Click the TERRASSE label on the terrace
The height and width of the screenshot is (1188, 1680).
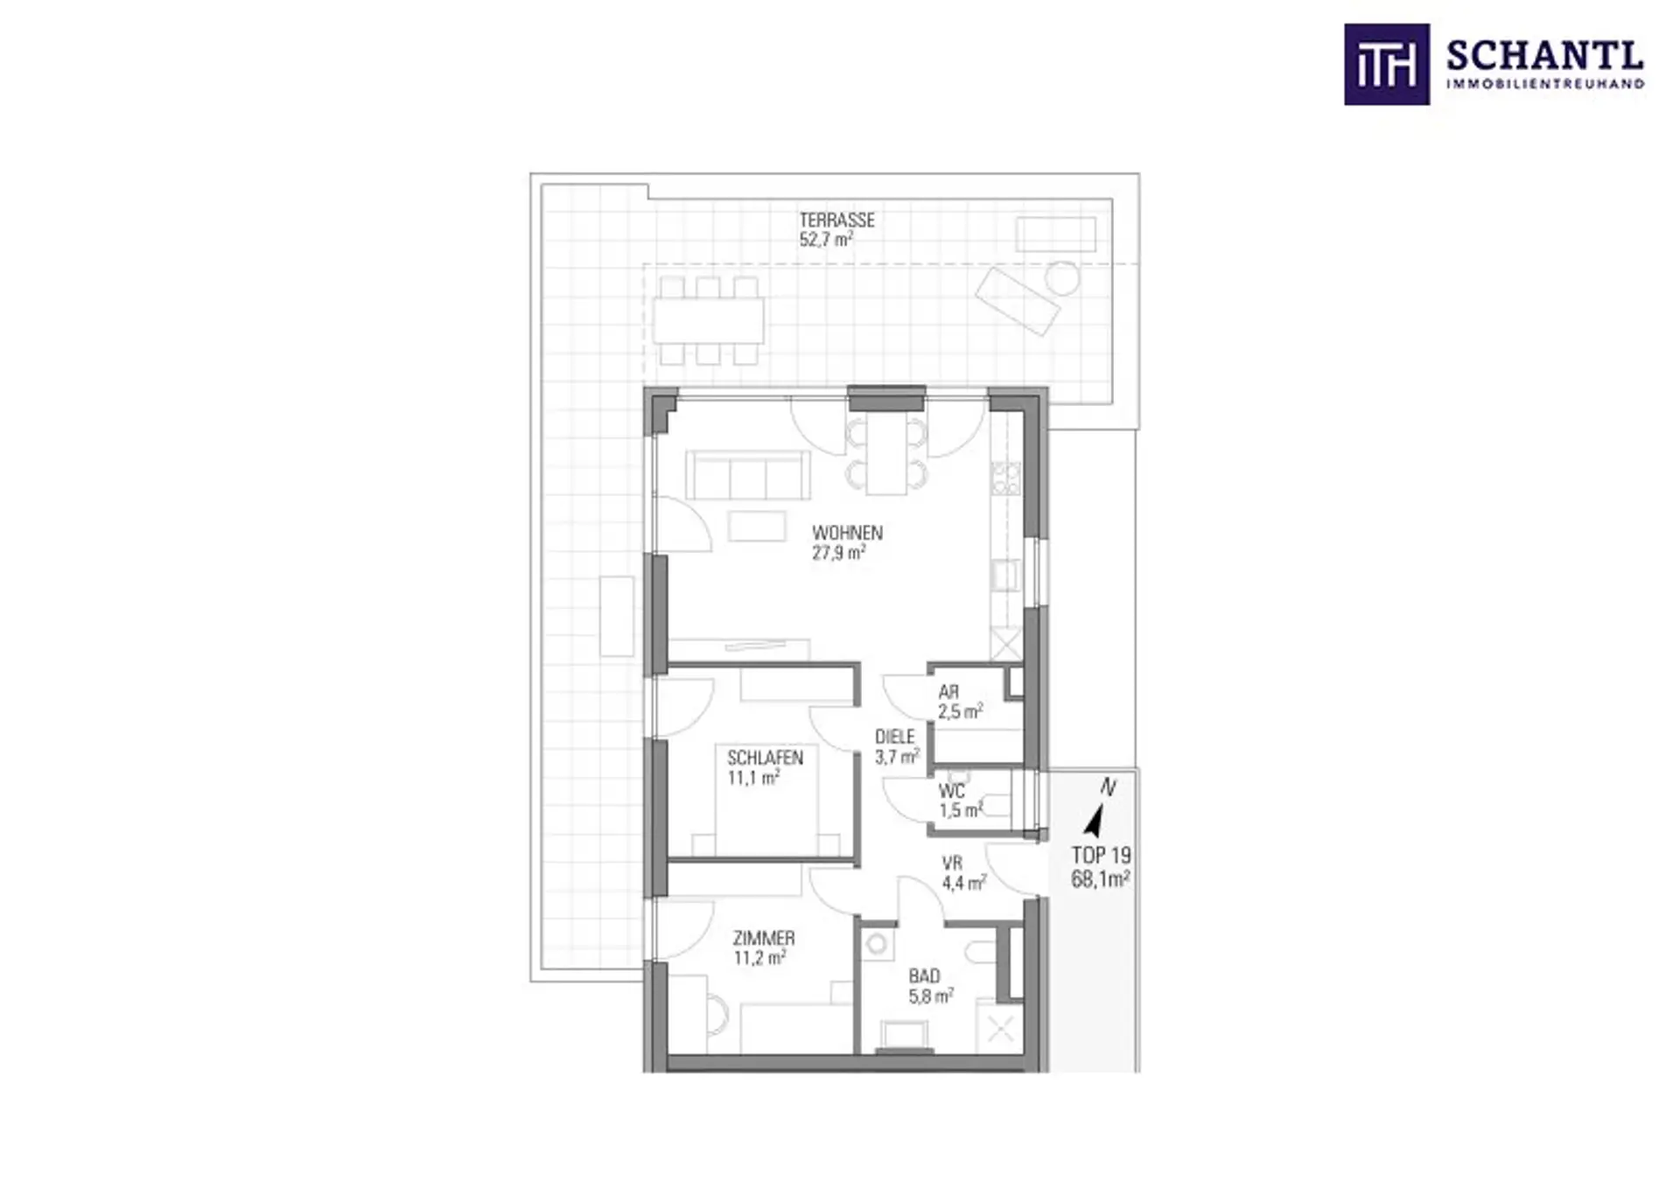tap(836, 220)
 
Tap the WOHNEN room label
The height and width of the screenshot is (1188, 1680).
tap(847, 533)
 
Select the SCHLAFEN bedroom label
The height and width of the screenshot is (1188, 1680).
tap(765, 758)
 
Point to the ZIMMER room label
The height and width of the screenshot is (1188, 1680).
tap(764, 939)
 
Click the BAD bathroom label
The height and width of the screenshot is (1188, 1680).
tap(924, 976)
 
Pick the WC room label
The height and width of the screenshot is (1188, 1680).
tap(952, 792)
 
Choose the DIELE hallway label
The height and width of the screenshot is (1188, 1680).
tap(895, 737)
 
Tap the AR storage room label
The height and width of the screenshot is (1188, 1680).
tap(948, 692)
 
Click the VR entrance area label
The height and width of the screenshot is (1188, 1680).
tap(952, 863)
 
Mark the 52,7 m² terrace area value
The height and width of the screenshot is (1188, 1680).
tap(826, 240)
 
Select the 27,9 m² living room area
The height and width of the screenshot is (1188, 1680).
tap(839, 552)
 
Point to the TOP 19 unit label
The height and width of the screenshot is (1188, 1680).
tap(1101, 856)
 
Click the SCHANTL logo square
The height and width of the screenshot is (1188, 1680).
tap(1387, 65)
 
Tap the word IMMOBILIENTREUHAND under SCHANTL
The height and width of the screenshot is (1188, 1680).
tap(1545, 84)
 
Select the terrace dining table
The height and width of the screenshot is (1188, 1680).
tap(708, 321)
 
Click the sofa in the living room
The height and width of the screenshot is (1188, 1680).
tap(748, 475)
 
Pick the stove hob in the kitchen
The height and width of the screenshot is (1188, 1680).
tap(1005, 479)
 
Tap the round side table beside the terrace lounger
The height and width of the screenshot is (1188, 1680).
tap(1062, 278)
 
